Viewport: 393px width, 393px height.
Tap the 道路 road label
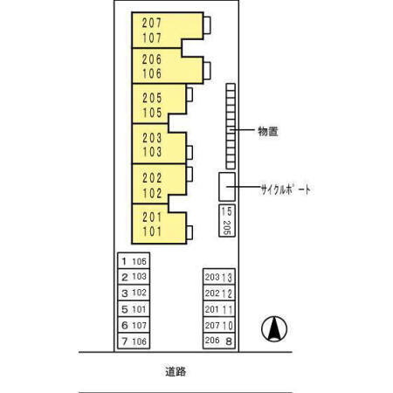tap(176, 372)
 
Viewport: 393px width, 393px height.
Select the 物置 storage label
tap(267, 132)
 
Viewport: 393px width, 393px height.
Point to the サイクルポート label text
tap(286, 190)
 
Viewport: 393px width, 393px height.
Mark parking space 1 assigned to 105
tap(134, 260)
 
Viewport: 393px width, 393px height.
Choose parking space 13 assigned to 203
tap(217, 277)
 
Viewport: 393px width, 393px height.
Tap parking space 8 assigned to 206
tap(217, 341)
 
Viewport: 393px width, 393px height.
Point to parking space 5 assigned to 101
tap(134, 308)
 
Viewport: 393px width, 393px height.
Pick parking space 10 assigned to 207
tap(217, 325)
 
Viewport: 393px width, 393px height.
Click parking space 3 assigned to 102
tap(134, 293)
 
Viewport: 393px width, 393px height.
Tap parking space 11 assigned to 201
tap(217, 309)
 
